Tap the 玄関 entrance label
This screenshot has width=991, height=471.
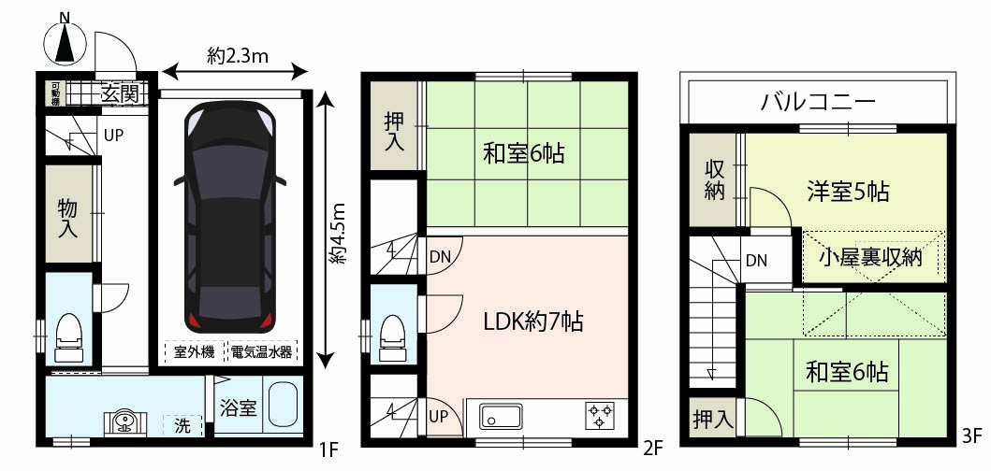(120, 94)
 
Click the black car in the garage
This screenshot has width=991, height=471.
(230, 217)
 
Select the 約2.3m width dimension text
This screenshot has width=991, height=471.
(238, 57)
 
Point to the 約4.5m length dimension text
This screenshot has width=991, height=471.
(340, 233)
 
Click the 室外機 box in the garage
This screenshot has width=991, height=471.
(194, 352)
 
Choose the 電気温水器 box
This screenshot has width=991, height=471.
(262, 352)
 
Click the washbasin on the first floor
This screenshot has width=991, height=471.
(125, 421)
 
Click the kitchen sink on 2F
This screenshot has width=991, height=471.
(500, 416)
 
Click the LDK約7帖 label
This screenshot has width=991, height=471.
(532, 322)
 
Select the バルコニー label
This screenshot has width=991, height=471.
(819, 101)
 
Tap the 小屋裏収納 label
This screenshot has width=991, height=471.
(870, 258)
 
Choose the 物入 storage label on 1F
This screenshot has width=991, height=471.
(68, 217)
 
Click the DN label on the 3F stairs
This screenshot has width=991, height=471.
(756, 260)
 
